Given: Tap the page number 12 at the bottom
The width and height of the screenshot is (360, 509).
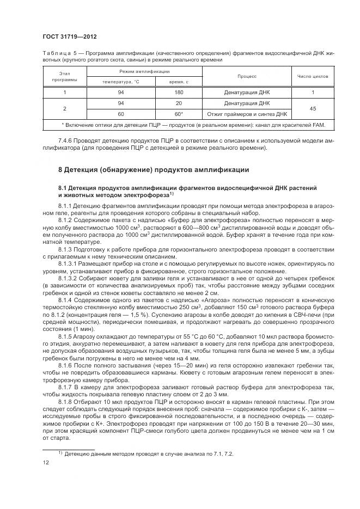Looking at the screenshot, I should pyautogui.click(x=45, y=463).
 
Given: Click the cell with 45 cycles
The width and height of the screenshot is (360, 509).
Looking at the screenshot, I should pyautogui.click(x=313, y=108).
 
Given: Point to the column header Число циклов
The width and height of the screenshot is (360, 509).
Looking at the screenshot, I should pyautogui.click(x=313, y=76).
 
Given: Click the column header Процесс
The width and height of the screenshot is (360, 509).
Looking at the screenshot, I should pyautogui.click(x=247, y=76).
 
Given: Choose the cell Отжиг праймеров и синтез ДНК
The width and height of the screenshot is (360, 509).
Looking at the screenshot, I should pyautogui.click(x=247, y=114).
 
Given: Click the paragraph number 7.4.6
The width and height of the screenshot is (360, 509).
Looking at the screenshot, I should pyautogui.click(x=66, y=140).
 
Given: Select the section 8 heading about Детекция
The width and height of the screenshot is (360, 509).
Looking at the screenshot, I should pyautogui.click(x=154, y=169).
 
